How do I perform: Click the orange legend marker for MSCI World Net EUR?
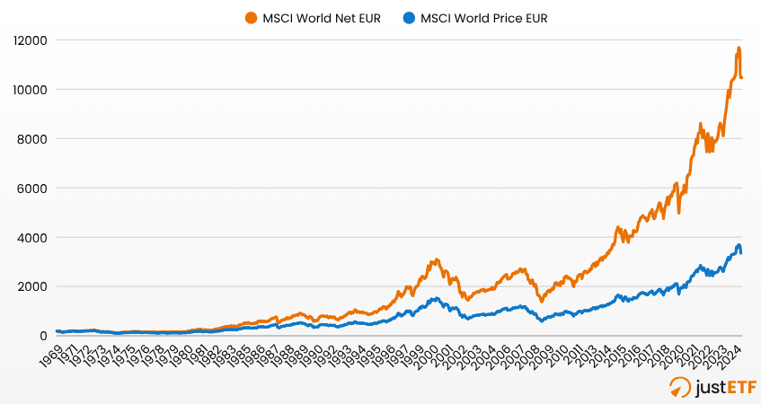pyautogui.click(x=250, y=17)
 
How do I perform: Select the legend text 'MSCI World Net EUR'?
pyautogui.click(x=317, y=17)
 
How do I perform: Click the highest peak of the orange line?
pyautogui.click(x=739, y=48)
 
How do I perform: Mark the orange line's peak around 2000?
pyautogui.click(x=436, y=259)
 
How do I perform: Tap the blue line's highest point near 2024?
pyautogui.click(x=739, y=244)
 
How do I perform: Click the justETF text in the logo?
pyautogui.click(x=722, y=387)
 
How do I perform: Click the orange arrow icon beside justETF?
pyautogui.click(x=681, y=387)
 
